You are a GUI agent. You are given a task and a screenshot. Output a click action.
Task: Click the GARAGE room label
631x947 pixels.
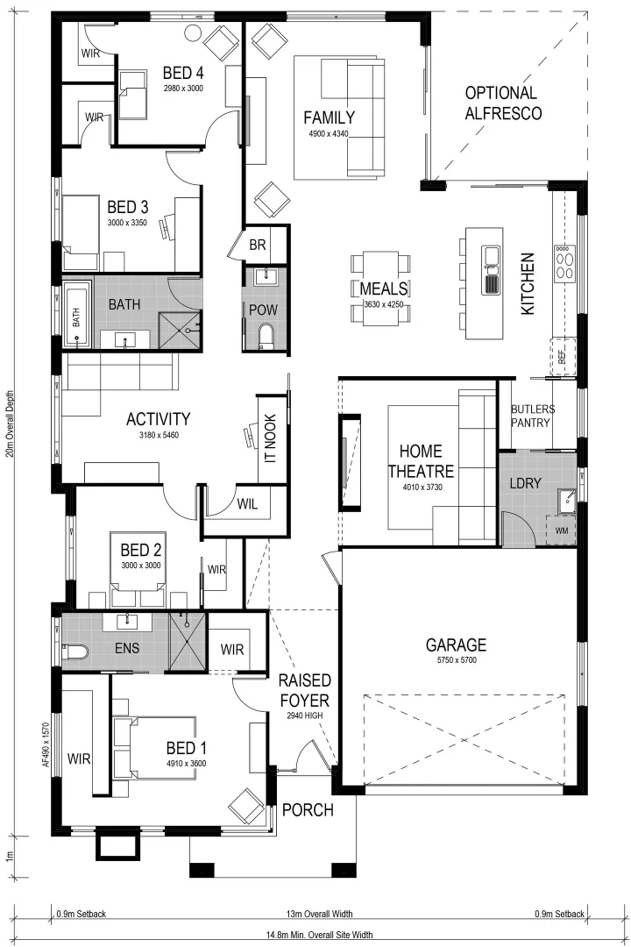pyautogui.click(x=456, y=645)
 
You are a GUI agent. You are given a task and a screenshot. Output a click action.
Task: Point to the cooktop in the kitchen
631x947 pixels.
pyautogui.click(x=564, y=261)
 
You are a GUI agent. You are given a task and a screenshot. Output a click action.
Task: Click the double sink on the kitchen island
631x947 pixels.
pyautogui.click(x=492, y=270)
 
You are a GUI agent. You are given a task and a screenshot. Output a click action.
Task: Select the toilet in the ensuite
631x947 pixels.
pyautogui.click(x=75, y=652)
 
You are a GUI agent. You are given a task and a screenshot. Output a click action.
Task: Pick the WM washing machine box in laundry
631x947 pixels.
pyautogui.click(x=560, y=530)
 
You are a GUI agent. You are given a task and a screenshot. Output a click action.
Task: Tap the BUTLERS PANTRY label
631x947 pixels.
pyautogui.click(x=532, y=416)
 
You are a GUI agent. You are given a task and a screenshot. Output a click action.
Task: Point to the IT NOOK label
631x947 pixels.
pyautogui.click(x=270, y=438)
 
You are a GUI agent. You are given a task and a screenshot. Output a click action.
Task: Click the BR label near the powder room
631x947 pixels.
pyautogui.click(x=257, y=245)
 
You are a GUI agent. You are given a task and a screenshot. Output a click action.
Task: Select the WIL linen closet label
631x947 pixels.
pyautogui.click(x=247, y=503)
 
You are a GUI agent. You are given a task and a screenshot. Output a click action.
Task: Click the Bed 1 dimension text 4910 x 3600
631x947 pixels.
pyautogui.click(x=186, y=763)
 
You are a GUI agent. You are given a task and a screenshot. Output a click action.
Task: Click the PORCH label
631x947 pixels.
pyautogui.click(x=307, y=810)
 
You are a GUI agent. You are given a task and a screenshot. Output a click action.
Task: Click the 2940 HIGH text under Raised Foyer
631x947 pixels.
pyautogui.click(x=303, y=716)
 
